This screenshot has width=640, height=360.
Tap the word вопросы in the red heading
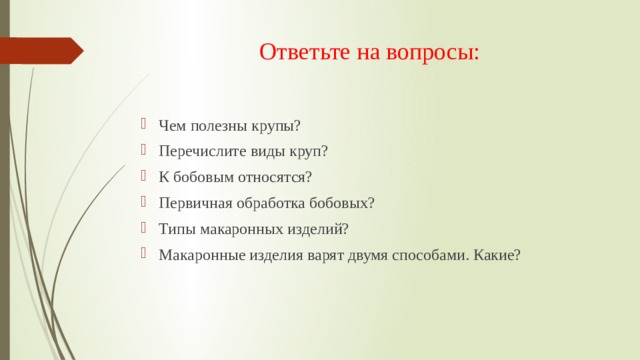tap(433, 51)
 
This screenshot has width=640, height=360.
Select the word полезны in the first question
tap(219, 125)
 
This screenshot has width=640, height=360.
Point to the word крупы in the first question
tap(276, 125)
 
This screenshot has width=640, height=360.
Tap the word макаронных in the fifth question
tap(240, 229)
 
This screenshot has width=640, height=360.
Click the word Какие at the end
tap(496, 255)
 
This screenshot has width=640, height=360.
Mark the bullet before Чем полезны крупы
tap(146, 125)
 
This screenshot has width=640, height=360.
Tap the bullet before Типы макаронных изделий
tap(146, 229)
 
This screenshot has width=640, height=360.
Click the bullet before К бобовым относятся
tap(146, 177)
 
